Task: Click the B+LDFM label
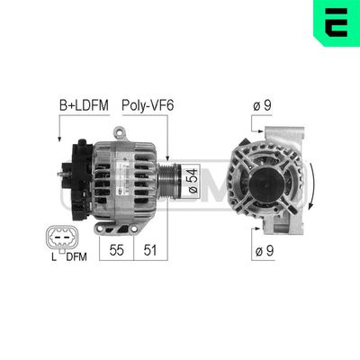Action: (84, 105)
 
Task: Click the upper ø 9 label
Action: (262, 105)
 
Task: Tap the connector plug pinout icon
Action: (58, 238)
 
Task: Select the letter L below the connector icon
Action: (54, 260)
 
